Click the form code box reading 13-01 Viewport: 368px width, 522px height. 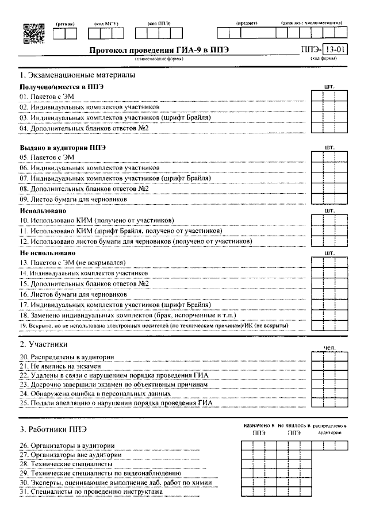click(334, 49)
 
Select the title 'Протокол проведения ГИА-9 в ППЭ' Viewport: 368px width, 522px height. click(159, 50)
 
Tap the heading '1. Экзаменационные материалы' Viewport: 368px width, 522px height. click(78, 75)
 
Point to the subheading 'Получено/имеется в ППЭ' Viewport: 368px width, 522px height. click(62, 86)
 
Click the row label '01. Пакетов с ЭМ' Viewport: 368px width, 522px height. click(47, 96)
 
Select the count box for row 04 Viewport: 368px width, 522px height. click(329, 128)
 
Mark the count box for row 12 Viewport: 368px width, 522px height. click(329, 241)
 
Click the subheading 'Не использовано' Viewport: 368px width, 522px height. click(48, 252)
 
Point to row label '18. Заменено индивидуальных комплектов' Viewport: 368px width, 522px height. click(127, 315)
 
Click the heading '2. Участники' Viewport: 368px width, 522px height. click(44, 345)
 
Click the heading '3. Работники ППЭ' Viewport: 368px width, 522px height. click(53, 429)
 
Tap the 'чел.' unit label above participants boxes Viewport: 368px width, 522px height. click(329, 347)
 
